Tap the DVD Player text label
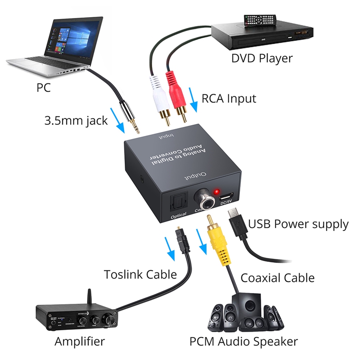coord(262,58)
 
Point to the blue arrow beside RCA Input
coord(194,103)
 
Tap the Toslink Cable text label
coord(140,274)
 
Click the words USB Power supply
coord(298,224)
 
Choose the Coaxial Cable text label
coord(278,277)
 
